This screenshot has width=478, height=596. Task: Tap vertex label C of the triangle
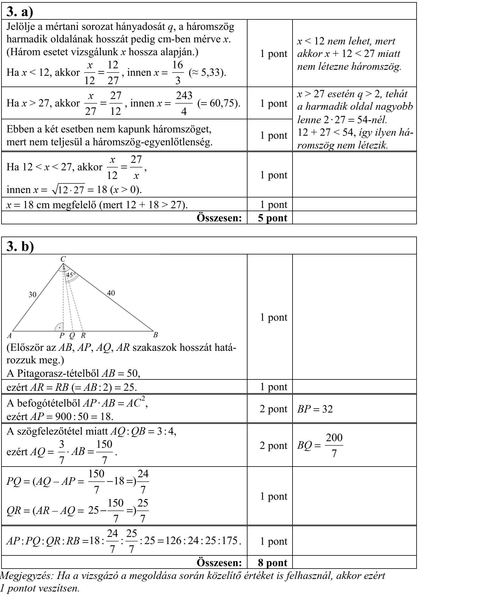point(63,259)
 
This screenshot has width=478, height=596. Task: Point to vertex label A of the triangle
point(9,335)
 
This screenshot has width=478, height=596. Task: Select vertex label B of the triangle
point(155,335)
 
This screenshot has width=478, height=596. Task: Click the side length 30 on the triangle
point(32,295)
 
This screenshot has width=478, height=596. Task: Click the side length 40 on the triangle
point(111,293)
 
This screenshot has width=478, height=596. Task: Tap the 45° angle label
point(71,275)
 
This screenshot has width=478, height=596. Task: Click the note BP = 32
point(315,409)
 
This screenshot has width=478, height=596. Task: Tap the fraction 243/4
point(184,103)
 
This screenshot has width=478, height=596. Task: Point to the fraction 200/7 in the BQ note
point(334,446)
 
